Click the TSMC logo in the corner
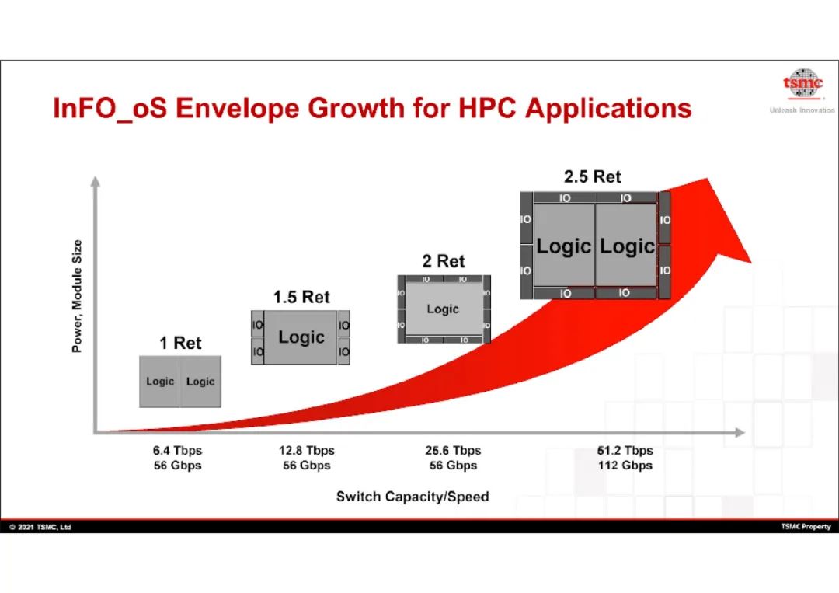802,85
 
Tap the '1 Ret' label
180,343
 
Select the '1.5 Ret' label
301,297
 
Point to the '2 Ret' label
444,260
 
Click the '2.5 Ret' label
592,176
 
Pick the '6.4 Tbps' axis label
177,450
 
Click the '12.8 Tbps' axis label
307,450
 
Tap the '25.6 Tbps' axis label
453,450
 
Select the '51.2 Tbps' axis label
625,450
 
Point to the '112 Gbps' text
625,465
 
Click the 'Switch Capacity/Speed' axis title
413,497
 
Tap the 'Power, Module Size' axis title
77,296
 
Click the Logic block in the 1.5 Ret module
301,337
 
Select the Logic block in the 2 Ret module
444,309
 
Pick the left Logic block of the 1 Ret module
159,382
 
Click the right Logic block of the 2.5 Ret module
627,246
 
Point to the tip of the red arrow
708,179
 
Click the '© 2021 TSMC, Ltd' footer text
40,527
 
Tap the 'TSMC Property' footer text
806,527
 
